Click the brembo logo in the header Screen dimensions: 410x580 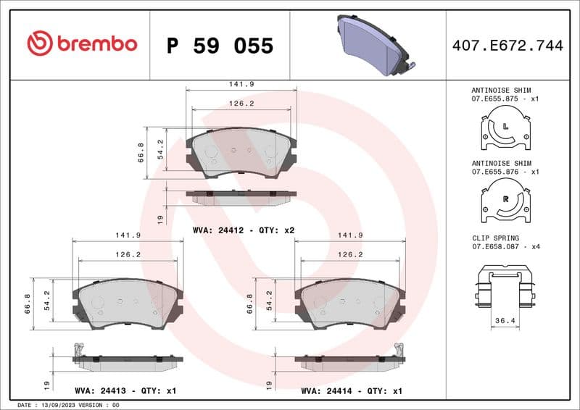pos(82,44)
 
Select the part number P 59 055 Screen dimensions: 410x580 pos(220,46)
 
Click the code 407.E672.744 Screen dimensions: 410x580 pos(507,46)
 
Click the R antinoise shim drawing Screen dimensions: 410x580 pos(505,201)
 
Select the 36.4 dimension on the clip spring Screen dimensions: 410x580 pos(505,319)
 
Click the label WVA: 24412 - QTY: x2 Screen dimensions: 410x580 pos(244,230)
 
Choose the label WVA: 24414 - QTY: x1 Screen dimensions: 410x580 pos(352,390)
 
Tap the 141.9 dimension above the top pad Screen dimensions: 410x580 pos(241,84)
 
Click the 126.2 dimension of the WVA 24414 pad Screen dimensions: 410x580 pos(350,254)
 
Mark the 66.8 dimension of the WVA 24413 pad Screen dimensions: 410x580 pos(27,304)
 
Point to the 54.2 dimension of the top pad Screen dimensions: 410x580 pos(160,148)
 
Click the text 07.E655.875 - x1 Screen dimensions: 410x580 pos(505,98)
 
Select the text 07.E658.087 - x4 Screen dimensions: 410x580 pos(505,246)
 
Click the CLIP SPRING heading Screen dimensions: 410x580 pos(495,238)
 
